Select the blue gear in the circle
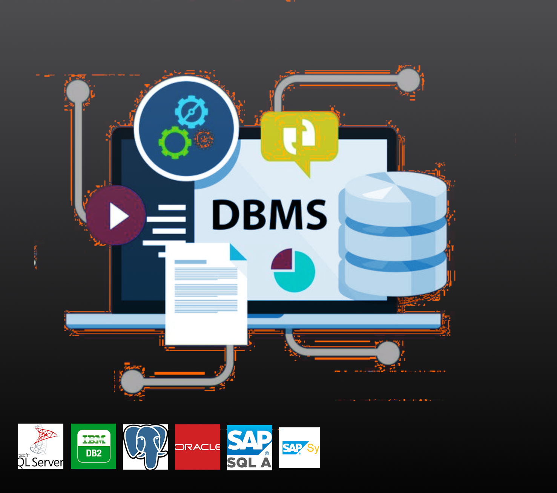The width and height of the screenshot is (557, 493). (x=191, y=112)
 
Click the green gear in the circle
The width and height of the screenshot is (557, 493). (x=175, y=142)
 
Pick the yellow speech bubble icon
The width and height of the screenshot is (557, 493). (x=299, y=137)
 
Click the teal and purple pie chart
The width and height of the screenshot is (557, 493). (x=294, y=270)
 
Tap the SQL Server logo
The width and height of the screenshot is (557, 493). (x=41, y=446)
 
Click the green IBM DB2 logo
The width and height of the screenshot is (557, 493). (x=94, y=446)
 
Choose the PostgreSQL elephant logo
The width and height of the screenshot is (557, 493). (x=146, y=447)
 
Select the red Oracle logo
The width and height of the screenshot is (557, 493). (x=198, y=447)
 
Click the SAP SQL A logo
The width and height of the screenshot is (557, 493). (x=250, y=448)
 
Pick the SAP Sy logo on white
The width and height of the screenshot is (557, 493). (x=299, y=448)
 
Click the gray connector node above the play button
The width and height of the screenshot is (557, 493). (x=78, y=91)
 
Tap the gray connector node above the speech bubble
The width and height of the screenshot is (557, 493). (x=408, y=80)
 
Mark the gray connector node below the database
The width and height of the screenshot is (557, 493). (x=388, y=353)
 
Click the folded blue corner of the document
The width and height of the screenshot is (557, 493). (x=238, y=253)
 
